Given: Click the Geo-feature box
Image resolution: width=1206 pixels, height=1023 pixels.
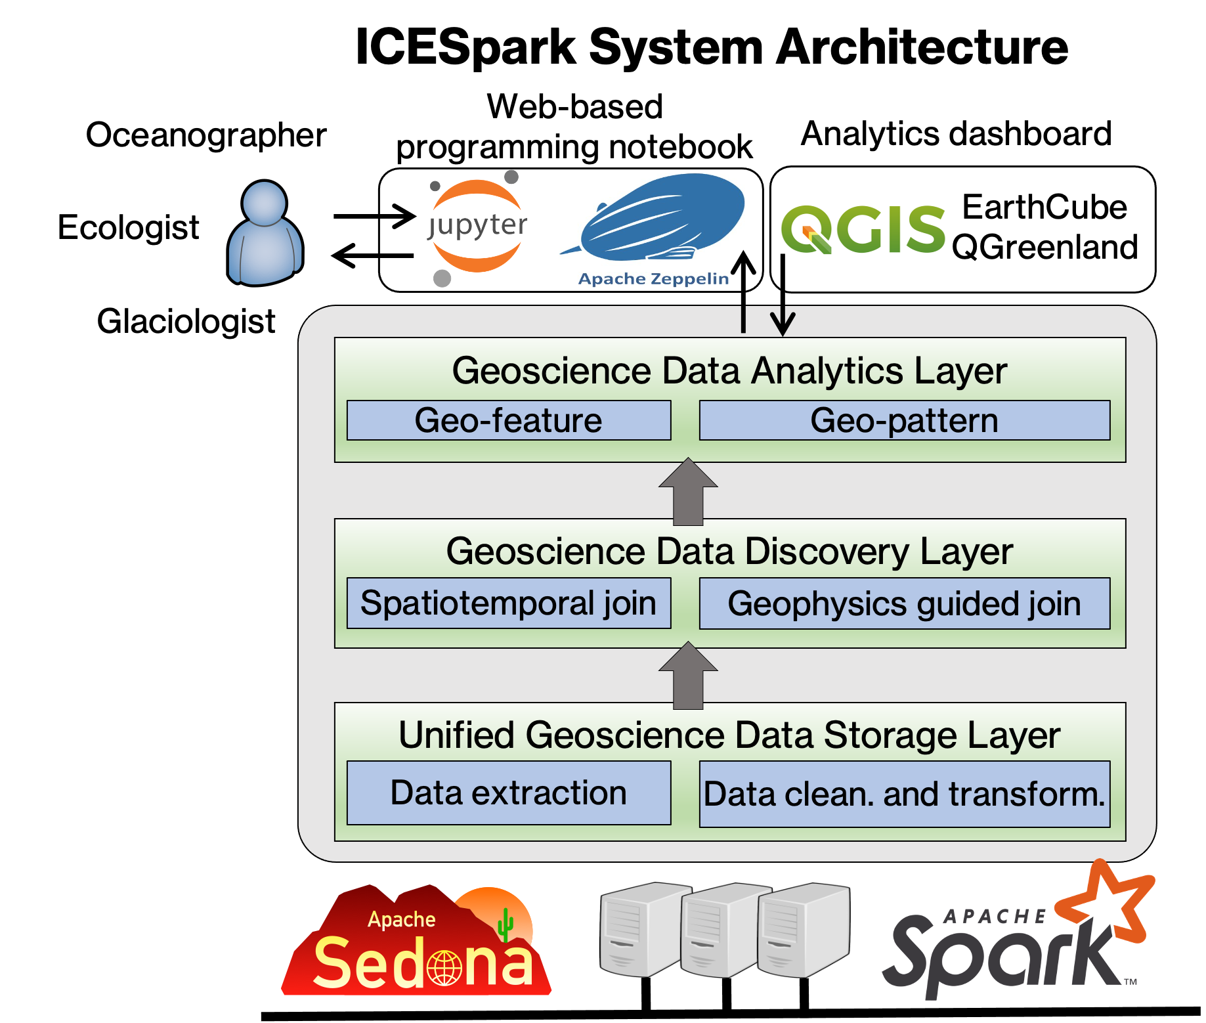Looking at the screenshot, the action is click(x=509, y=420).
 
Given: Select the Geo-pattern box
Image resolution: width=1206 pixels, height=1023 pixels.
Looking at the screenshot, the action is click(x=905, y=420).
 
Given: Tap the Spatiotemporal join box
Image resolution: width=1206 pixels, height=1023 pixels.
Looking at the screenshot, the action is click(x=509, y=603).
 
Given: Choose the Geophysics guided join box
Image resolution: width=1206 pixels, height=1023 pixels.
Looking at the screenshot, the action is click(x=905, y=603).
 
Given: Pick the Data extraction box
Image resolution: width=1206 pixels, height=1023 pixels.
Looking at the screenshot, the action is click(x=509, y=793).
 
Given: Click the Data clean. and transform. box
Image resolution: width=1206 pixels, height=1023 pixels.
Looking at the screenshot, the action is click(x=905, y=794).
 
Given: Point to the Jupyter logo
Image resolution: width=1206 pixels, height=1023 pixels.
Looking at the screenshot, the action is click(x=477, y=227).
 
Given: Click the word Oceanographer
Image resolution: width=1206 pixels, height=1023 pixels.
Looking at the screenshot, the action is click(x=206, y=135).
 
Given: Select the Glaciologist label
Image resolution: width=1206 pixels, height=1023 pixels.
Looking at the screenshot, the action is click(x=186, y=322).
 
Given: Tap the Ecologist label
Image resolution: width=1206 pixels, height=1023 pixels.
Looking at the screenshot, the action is click(x=129, y=228).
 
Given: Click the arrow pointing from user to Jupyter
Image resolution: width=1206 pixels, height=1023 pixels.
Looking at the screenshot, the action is click(x=375, y=215).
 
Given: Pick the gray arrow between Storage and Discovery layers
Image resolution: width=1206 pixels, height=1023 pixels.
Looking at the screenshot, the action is click(x=688, y=675).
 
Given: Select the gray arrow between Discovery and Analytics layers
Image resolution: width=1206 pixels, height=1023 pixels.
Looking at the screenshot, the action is click(x=688, y=491).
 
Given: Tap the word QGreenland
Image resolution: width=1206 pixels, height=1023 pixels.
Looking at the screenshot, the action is click(x=1045, y=248).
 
